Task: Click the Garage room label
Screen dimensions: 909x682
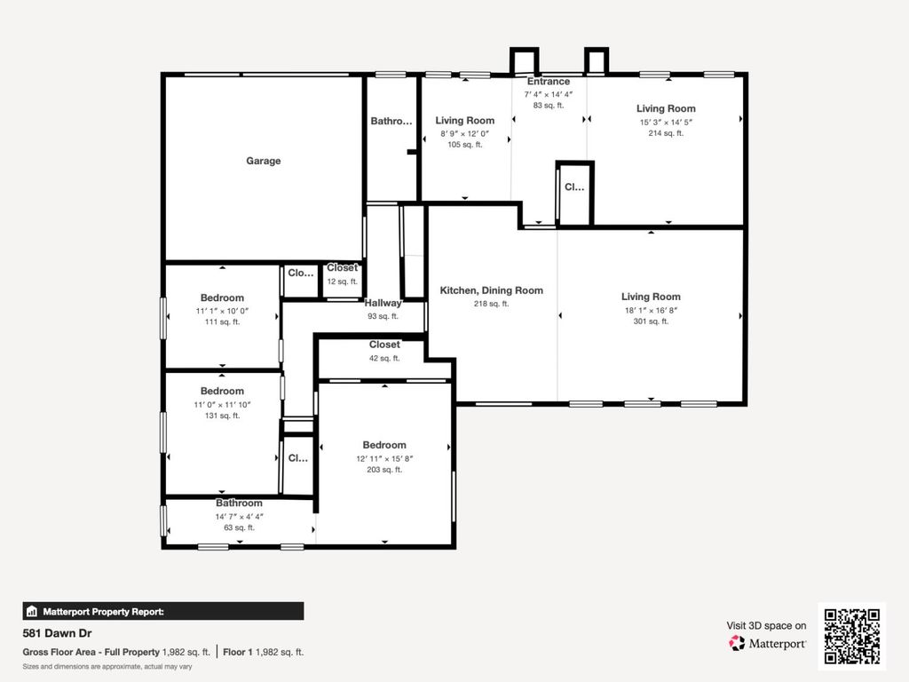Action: point(263,161)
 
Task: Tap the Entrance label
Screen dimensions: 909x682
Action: point(549,82)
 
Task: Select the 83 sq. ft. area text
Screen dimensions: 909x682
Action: point(549,106)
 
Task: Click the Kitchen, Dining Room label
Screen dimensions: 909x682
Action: point(492,290)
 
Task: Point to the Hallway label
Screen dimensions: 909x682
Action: point(383,303)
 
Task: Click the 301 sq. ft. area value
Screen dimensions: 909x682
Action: point(651,321)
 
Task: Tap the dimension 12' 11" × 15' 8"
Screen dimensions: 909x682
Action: point(384,459)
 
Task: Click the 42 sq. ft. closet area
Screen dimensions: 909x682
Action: point(384,359)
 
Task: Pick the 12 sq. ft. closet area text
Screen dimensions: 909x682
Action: point(342,282)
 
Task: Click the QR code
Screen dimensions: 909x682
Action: point(852,636)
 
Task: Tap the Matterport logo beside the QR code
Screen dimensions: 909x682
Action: point(768,643)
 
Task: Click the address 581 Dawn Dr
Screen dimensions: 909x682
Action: point(57,633)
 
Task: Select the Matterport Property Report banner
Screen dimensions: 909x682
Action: point(163,611)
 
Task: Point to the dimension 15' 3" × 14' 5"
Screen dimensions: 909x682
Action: point(666,123)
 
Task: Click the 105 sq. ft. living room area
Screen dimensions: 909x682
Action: point(465,145)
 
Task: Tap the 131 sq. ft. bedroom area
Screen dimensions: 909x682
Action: point(222,416)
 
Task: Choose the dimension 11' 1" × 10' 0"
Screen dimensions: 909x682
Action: point(222,311)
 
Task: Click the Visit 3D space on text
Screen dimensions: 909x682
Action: point(766,626)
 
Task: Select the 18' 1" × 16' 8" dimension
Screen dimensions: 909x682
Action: point(651,310)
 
